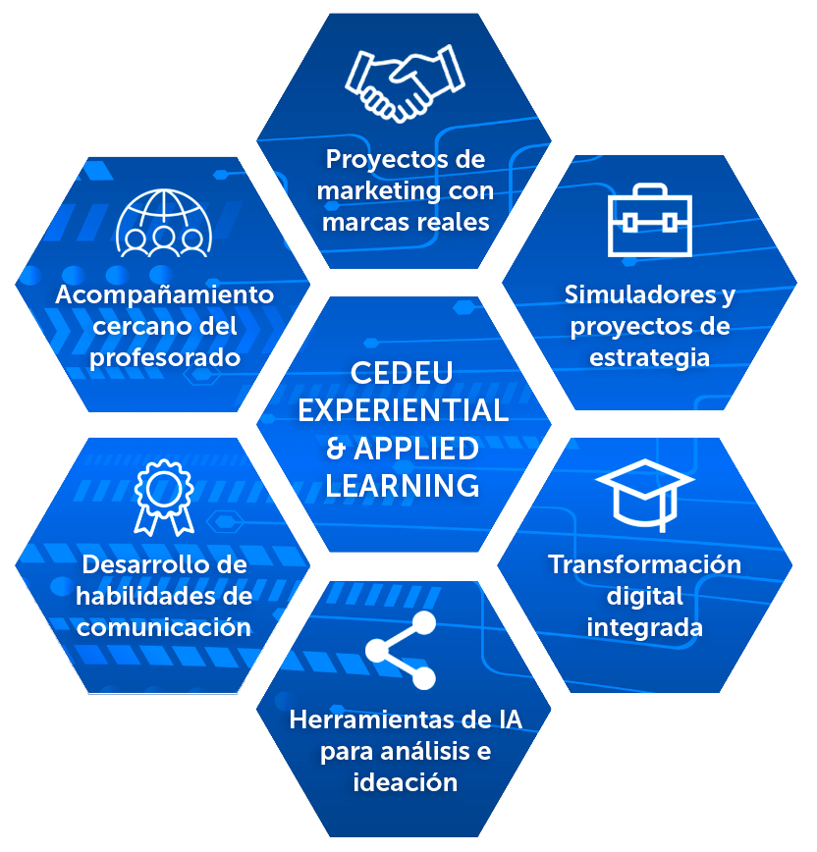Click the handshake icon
(405, 81)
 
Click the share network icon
(401, 650)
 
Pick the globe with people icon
(164, 223)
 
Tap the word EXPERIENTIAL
(403, 410)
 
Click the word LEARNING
(403, 485)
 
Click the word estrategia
(649, 356)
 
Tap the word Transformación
(644, 564)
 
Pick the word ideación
(405, 782)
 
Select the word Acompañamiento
(164, 294)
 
